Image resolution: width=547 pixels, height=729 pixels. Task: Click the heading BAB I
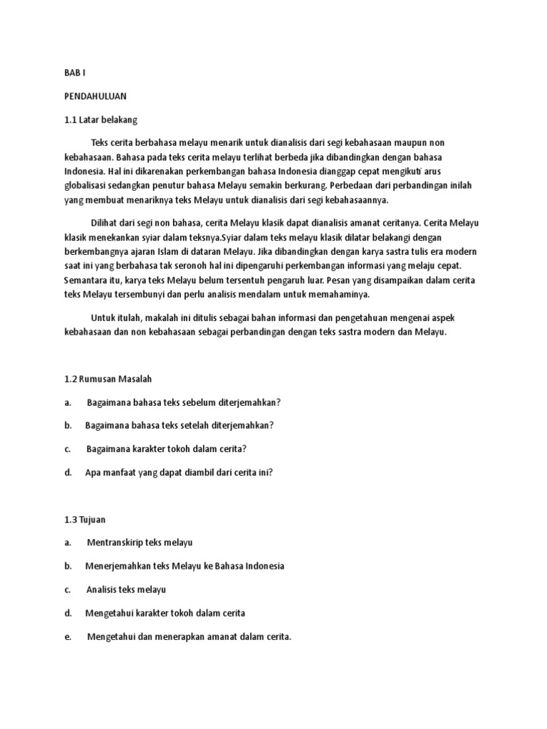[74, 73]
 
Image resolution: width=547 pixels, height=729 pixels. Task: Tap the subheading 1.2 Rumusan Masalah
[108, 379]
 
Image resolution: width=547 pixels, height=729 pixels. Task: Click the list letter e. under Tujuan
[68, 636]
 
